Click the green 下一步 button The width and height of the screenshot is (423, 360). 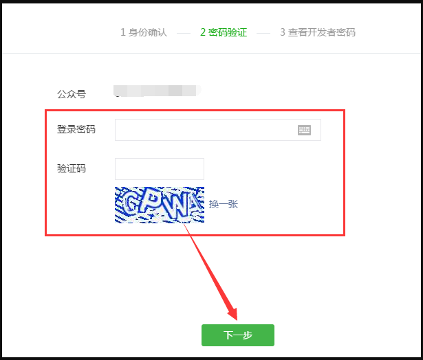tap(238, 335)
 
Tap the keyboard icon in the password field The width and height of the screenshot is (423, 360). tap(304, 130)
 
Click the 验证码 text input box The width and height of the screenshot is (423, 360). tap(159, 169)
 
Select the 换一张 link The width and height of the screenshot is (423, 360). tap(224, 204)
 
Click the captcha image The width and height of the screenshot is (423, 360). tap(159, 205)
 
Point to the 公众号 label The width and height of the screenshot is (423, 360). tap(72, 94)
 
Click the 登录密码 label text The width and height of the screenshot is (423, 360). tap(76, 130)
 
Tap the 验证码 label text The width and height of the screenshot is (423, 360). tap(72, 169)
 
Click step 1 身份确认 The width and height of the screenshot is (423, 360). tap(144, 32)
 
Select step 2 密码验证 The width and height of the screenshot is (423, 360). tap(224, 32)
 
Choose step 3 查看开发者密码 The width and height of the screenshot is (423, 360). tap(318, 32)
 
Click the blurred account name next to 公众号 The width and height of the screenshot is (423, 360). tap(156, 90)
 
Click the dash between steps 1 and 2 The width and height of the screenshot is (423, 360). tap(184, 33)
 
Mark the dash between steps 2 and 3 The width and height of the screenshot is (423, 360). tap(263, 33)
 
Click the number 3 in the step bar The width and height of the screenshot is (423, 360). tap(283, 32)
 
